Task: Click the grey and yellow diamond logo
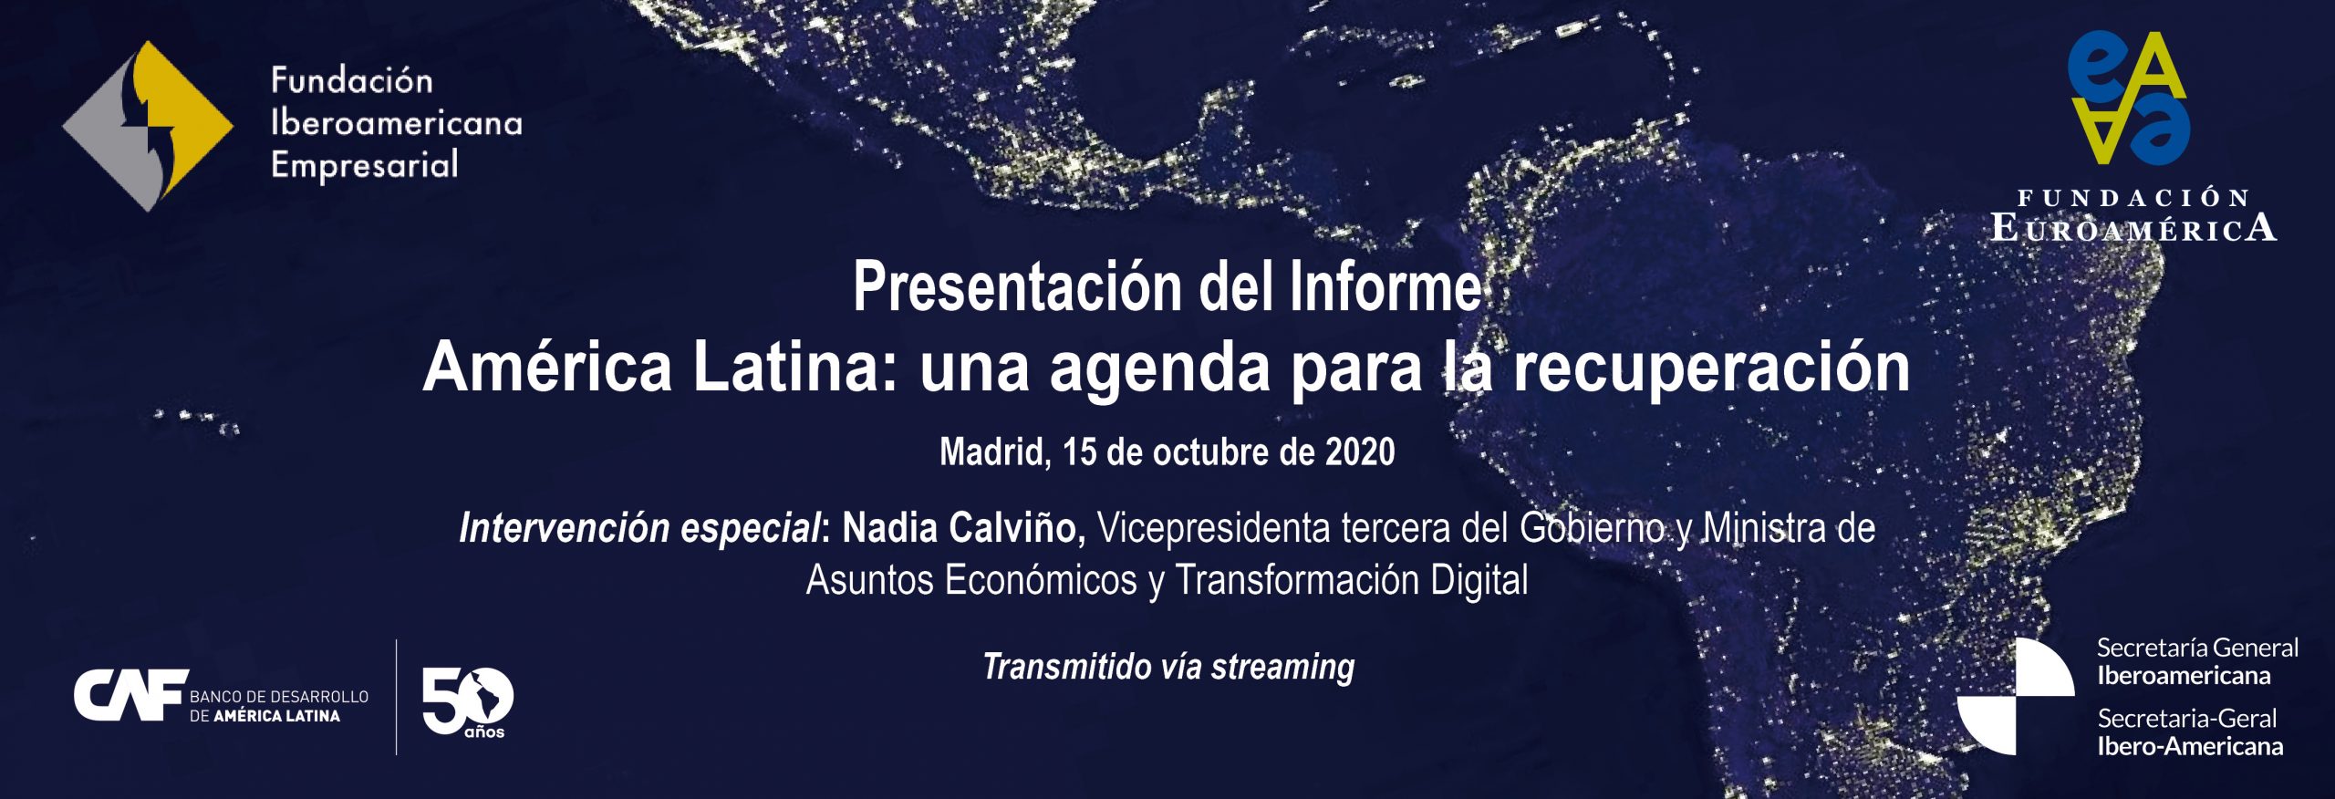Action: pyautogui.click(x=148, y=126)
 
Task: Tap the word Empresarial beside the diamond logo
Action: pyautogui.click(x=364, y=166)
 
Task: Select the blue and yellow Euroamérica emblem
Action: pyautogui.click(x=2129, y=98)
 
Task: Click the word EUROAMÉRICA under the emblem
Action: pyautogui.click(x=2133, y=227)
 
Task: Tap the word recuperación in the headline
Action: pyautogui.click(x=1711, y=369)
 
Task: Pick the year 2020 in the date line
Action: pyautogui.click(x=1360, y=452)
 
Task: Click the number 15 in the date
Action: pyautogui.click(x=1079, y=452)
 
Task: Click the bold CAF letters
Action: pyautogui.click(x=130, y=695)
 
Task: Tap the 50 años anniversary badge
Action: pyautogui.click(x=468, y=702)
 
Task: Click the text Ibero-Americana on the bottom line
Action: pyautogui.click(x=2190, y=746)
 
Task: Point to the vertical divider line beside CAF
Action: pyautogui.click(x=396, y=697)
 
